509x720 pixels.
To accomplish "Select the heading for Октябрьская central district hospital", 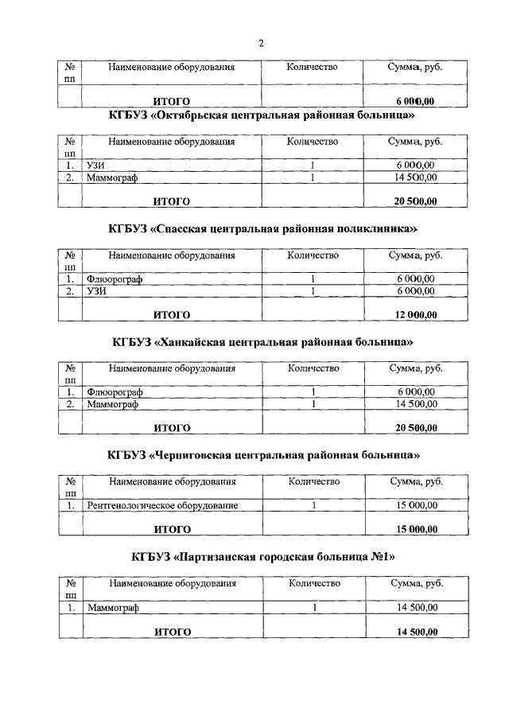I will click(263, 116).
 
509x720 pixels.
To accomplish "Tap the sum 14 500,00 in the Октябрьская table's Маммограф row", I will click(415, 178).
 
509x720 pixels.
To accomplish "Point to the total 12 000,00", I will click(416, 314).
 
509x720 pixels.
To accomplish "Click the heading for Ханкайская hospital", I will click(263, 342).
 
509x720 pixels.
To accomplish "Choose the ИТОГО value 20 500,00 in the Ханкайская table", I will click(416, 428).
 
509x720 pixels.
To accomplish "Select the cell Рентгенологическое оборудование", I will click(163, 505).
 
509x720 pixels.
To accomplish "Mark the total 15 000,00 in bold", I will click(416, 529).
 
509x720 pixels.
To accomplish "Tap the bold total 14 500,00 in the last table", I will click(417, 632).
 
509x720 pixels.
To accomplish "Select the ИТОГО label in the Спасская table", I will click(172, 314).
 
